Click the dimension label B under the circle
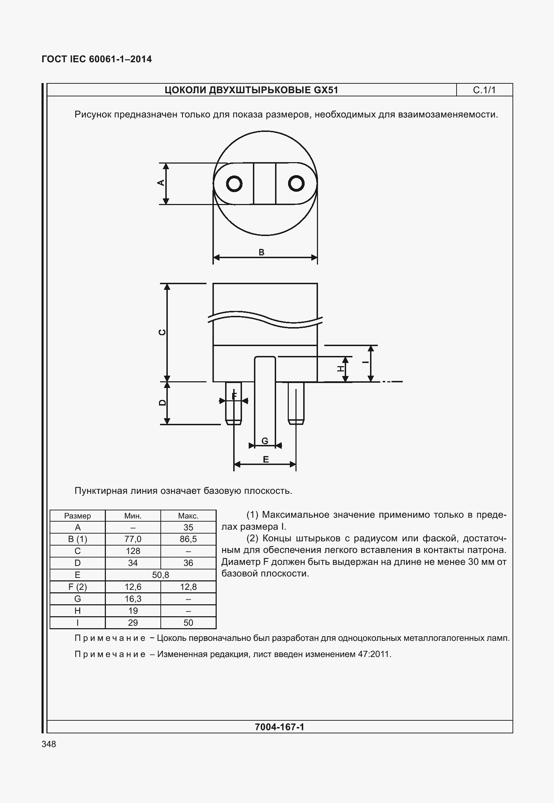(x=261, y=252)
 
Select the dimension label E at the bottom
(x=266, y=459)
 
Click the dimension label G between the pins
(x=265, y=441)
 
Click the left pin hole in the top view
(x=234, y=184)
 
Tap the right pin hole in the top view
(x=296, y=183)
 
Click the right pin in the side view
(x=296, y=403)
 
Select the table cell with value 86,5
(x=188, y=539)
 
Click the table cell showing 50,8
(x=160, y=575)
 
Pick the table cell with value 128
(x=133, y=551)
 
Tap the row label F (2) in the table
(x=77, y=587)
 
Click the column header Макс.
(x=188, y=516)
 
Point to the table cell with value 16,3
(x=133, y=599)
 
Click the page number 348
(x=49, y=744)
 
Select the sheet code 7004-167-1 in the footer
(x=279, y=727)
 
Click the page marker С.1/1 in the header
(x=484, y=90)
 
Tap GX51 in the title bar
(x=326, y=90)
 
